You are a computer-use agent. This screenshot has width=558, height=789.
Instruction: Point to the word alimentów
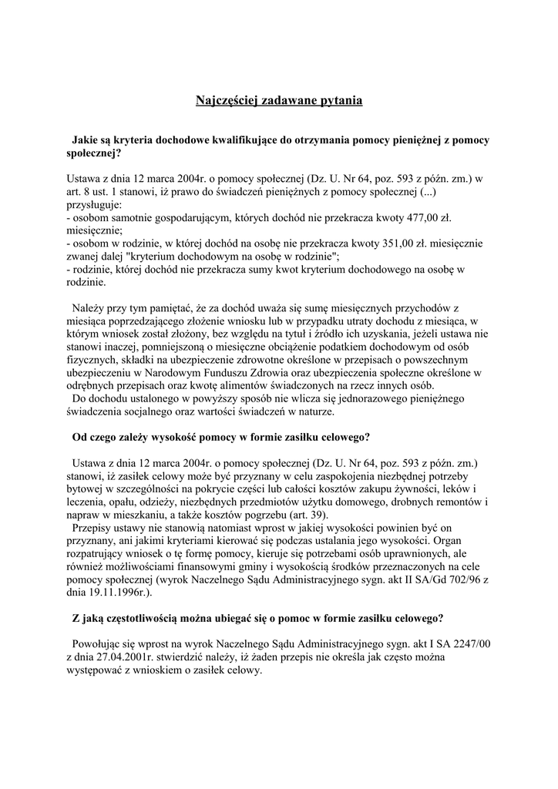pos(267,385)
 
